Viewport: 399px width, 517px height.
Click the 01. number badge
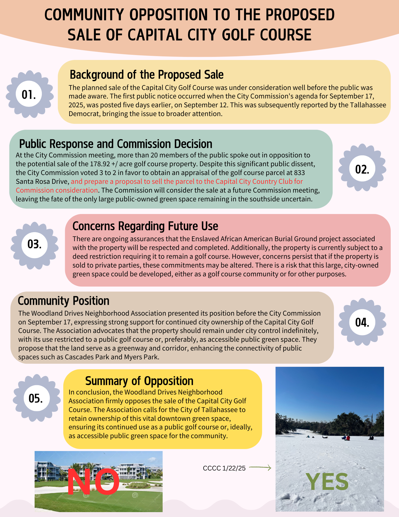pyautogui.click(x=29, y=94)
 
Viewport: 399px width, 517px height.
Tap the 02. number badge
pyautogui.click(x=362, y=169)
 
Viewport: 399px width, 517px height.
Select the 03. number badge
pyautogui.click(x=35, y=244)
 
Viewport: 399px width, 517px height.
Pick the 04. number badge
pyautogui.click(x=362, y=322)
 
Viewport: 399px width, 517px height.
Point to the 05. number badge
pyautogui.click(x=36, y=398)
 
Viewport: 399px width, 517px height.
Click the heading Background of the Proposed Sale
pyautogui.click(x=146, y=75)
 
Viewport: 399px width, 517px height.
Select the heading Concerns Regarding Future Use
pyautogui.click(x=145, y=226)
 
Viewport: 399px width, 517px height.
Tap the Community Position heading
pyautogui.click(x=64, y=301)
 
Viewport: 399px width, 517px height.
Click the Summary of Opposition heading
pyautogui.click(x=139, y=381)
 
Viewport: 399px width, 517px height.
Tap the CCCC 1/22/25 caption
pyautogui.click(x=224, y=468)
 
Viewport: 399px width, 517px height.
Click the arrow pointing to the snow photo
pyautogui.click(x=260, y=467)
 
